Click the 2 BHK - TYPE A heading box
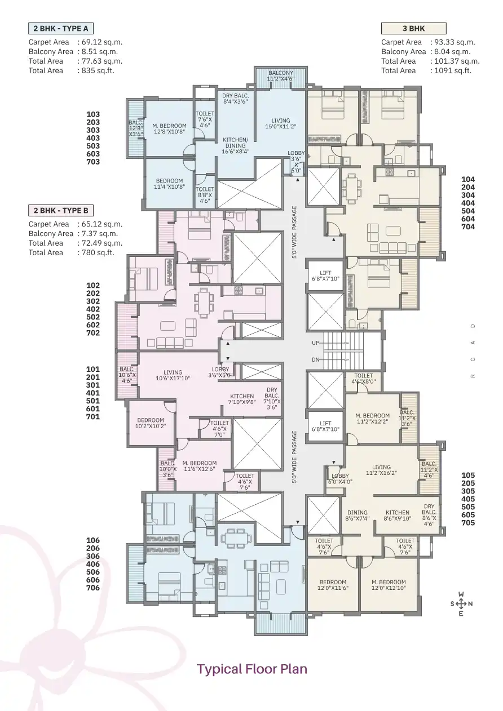(x=60, y=28)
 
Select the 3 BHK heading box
(x=413, y=28)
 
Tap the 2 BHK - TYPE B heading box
(x=60, y=211)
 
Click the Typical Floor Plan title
(x=251, y=669)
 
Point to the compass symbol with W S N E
(x=461, y=604)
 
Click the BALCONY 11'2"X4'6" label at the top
(x=280, y=76)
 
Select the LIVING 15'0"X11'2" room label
(x=280, y=123)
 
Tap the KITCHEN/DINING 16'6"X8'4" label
(x=234, y=145)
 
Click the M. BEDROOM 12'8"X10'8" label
(x=169, y=129)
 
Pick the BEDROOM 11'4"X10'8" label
(x=169, y=184)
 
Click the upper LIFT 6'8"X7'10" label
(x=325, y=275)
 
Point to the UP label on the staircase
(x=316, y=343)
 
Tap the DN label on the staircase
(x=316, y=359)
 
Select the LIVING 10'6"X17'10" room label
(x=173, y=375)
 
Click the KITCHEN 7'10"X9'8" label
(x=242, y=399)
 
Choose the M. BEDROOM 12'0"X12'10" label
(x=389, y=585)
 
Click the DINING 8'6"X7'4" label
(x=357, y=516)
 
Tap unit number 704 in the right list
(x=468, y=227)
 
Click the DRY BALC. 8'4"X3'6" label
(x=235, y=99)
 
